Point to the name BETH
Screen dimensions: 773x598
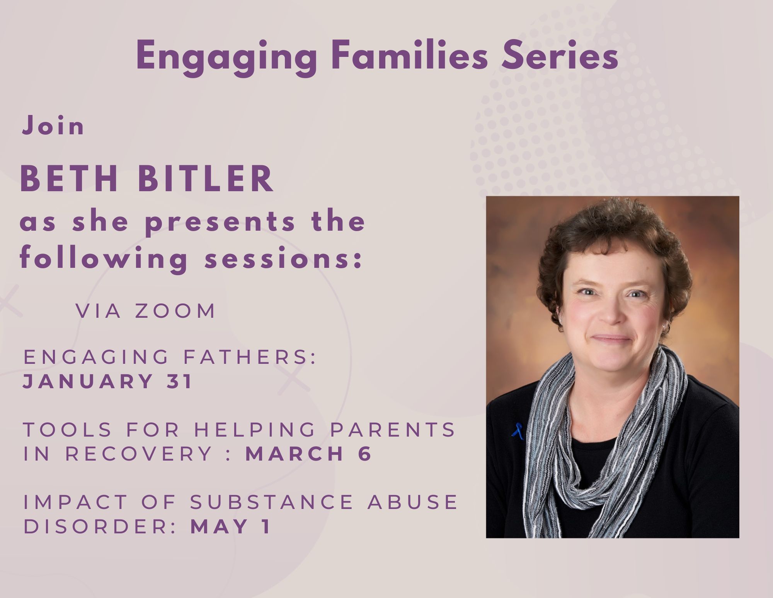[x=69, y=178]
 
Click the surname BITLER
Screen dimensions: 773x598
[x=206, y=178]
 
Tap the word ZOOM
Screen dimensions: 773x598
[x=175, y=311]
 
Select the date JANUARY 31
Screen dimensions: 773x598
[x=107, y=381]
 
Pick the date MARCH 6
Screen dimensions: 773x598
[x=308, y=454]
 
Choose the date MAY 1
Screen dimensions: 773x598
[x=230, y=526]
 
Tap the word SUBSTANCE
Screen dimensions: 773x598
[x=272, y=502]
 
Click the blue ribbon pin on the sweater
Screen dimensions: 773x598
[x=518, y=431]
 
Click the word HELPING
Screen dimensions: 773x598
[x=255, y=430]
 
